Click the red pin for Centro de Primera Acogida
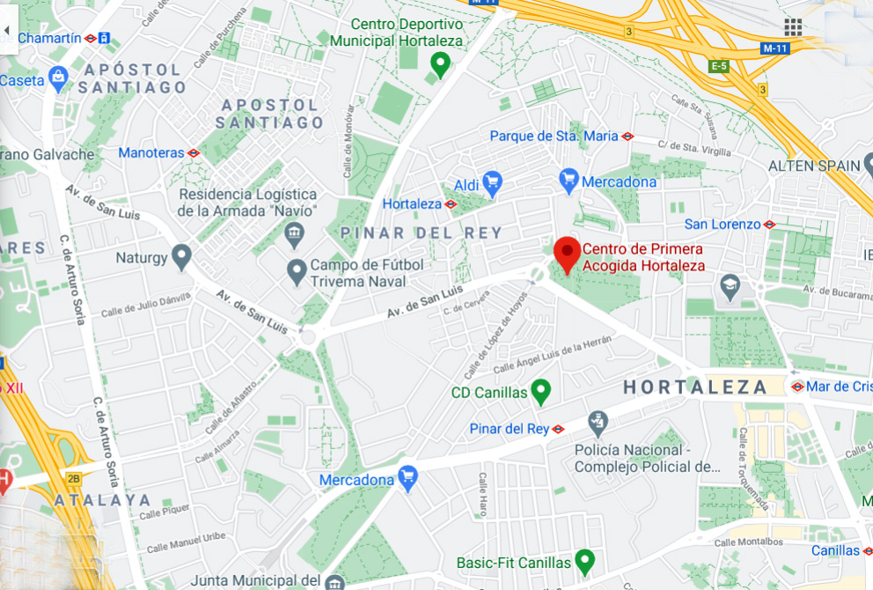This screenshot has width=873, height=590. [567, 253]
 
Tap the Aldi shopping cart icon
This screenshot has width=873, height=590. [492, 182]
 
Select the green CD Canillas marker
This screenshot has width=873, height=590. [541, 391]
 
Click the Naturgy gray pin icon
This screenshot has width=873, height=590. [181, 257]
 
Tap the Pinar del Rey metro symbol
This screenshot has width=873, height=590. [558, 429]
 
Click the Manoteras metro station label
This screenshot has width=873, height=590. [151, 152]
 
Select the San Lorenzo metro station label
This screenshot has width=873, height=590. [723, 225]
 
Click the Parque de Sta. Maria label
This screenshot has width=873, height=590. [554, 136]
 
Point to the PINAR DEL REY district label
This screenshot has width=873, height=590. [435, 232]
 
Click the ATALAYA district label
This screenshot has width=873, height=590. [103, 499]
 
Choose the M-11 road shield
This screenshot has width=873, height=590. [774, 48]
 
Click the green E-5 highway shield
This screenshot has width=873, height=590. [719, 66]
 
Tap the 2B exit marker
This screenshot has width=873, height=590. [73, 479]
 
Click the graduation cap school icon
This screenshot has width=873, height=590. [730, 284]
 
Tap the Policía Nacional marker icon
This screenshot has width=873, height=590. [598, 422]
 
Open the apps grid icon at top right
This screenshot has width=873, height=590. [793, 26]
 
